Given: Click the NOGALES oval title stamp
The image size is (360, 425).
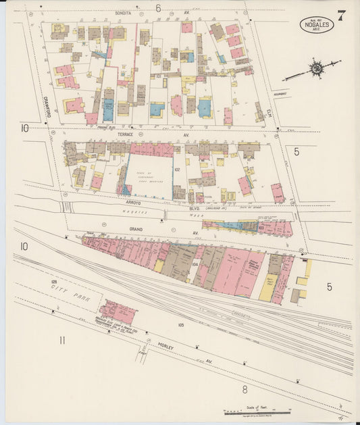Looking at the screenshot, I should pyautogui.click(x=316, y=25).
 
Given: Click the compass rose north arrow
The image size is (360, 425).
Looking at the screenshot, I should pyautogui.click(x=315, y=68).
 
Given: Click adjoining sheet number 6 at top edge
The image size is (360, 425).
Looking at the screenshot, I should pyautogui.click(x=158, y=8).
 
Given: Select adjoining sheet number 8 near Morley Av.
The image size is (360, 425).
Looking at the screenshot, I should pyautogui.click(x=245, y=389).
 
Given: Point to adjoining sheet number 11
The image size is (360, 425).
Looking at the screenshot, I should pyautogui.click(x=61, y=340).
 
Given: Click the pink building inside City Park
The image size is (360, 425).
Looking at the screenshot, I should pyautogui.click(x=118, y=312).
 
